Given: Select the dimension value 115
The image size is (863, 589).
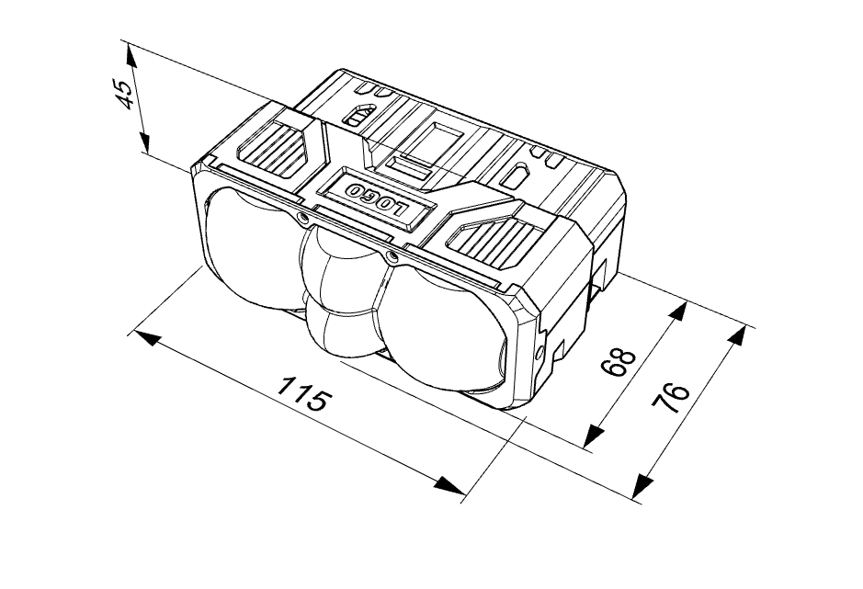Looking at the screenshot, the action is click(x=304, y=393).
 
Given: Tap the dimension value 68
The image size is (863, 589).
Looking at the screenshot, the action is click(x=618, y=362).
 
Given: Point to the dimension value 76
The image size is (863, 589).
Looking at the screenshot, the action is click(x=670, y=398).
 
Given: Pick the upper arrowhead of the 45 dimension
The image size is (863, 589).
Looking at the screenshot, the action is click(x=131, y=57).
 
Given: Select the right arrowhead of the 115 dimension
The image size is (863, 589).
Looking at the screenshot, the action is click(x=449, y=485).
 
